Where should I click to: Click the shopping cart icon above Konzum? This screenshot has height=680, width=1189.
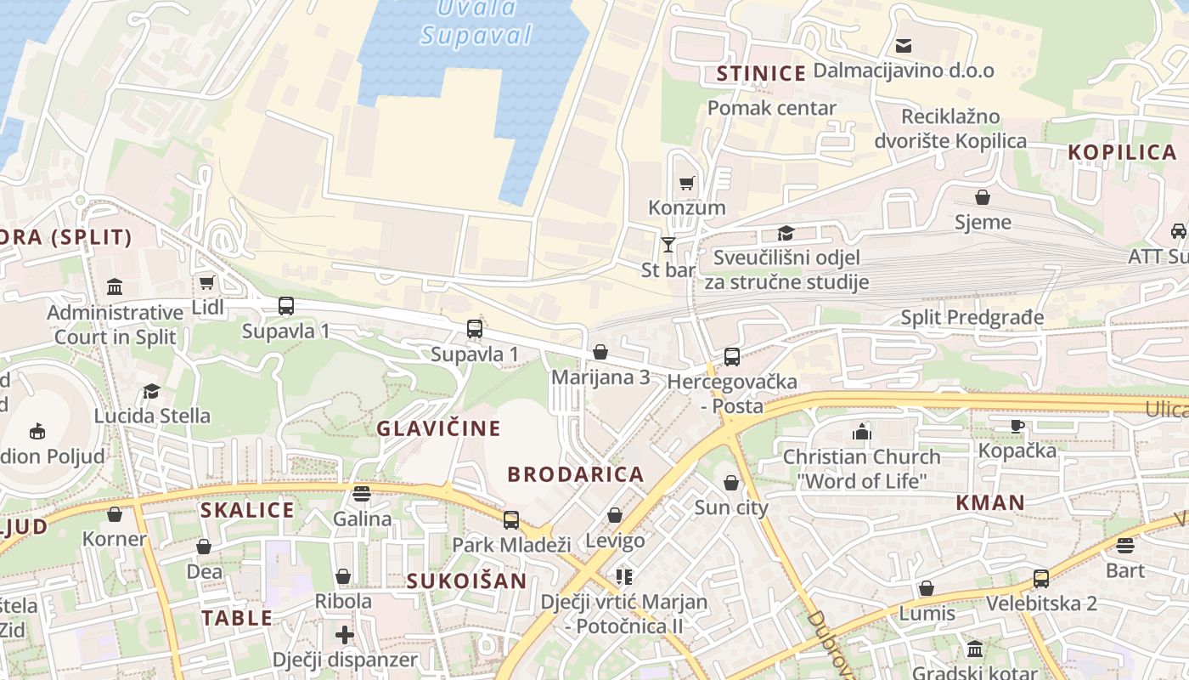[x=687, y=183]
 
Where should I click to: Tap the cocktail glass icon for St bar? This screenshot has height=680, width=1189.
[x=668, y=245]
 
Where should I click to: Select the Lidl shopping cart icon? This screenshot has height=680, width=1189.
[x=206, y=282]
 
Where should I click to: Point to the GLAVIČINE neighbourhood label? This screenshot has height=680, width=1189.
[x=438, y=428]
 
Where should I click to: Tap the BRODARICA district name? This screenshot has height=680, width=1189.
[x=576, y=474]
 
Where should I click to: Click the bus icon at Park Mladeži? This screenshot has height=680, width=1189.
[x=510, y=519]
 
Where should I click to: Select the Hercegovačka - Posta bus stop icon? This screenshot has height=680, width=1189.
[x=731, y=357]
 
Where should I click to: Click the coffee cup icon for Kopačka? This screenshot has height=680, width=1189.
[x=1017, y=426]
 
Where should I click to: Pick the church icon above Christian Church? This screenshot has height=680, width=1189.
[x=862, y=432]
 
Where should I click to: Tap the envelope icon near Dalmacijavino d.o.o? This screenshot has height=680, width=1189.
[x=904, y=45]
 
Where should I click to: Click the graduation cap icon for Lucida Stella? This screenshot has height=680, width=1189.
[x=152, y=391]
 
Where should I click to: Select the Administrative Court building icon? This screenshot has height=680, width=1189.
[x=115, y=287]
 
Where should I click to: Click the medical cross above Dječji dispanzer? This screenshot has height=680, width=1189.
[x=344, y=634]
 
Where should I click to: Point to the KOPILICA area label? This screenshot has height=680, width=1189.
[x=1121, y=153]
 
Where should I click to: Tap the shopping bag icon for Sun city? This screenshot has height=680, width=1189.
[x=730, y=484]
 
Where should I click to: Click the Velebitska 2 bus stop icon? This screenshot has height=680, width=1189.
[x=1040, y=579]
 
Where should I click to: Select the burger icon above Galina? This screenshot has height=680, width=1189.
[x=362, y=494]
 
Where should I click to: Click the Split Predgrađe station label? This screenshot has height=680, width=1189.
[x=972, y=318]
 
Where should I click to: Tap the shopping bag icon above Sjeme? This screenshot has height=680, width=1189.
[x=983, y=198]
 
